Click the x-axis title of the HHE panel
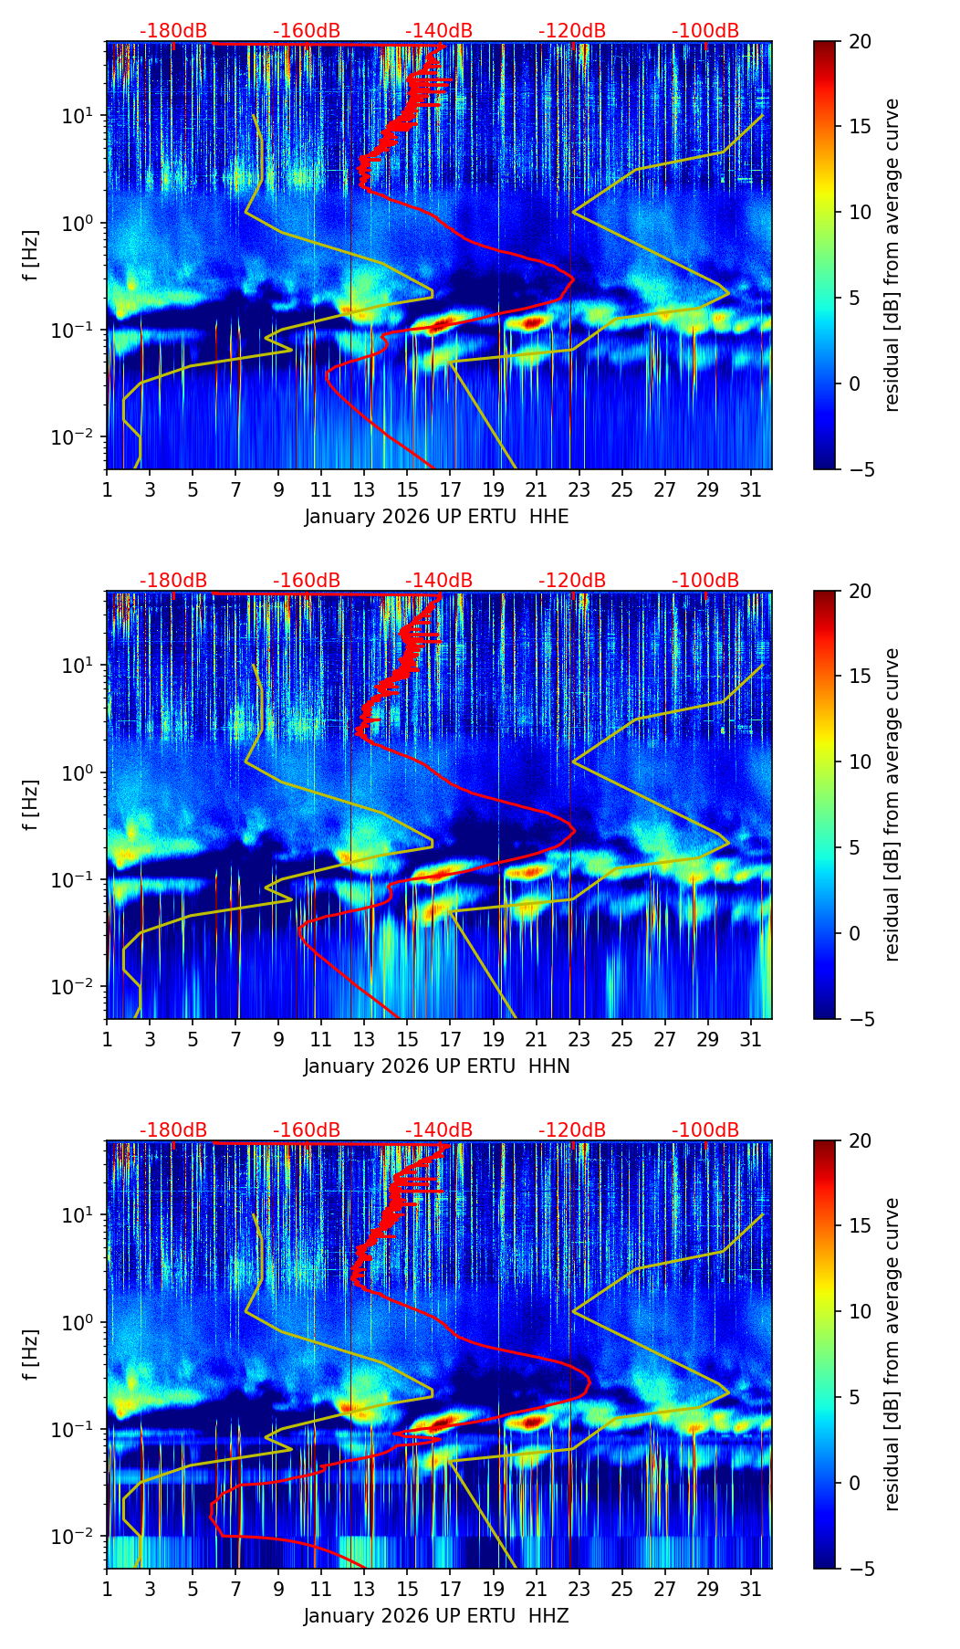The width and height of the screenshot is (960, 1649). (x=436, y=517)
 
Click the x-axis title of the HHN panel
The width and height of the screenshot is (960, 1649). (x=436, y=1066)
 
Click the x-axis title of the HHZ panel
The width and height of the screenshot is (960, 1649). (x=436, y=1616)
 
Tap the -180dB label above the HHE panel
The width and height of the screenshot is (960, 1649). (x=173, y=31)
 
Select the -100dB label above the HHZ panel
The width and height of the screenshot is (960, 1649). (x=705, y=1130)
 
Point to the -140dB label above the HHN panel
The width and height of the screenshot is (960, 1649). (x=439, y=581)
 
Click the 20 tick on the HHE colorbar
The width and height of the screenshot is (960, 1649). (x=859, y=41)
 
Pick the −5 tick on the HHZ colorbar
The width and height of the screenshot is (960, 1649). (x=859, y=1569)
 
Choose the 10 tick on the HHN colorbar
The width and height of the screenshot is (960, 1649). (x=859, y=761)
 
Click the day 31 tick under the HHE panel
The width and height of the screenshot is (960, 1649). (x=751, y=490)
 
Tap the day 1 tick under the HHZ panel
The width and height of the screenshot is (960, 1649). (x=107, y=1590)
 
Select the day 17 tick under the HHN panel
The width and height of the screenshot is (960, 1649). (x=451, y=1040)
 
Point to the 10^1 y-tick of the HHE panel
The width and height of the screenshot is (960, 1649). (x=82, y=116)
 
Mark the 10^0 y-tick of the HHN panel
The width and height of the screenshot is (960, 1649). (x=82, y=772)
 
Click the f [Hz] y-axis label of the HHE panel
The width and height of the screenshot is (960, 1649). (x=31, y=255)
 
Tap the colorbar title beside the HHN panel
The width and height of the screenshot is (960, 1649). (x=892, y=804)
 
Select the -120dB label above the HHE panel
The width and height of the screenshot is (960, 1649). (x=572, y=31)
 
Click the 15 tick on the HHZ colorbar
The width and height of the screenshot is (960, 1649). (x=859, y=1225)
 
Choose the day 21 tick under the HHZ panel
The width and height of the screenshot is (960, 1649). (x=537, y=1590)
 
